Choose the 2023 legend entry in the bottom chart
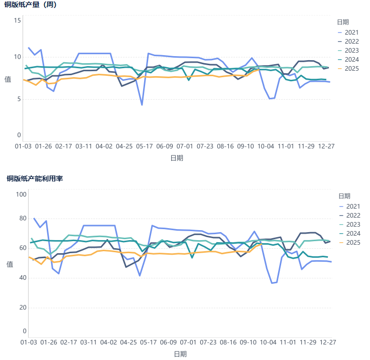coord(353,225)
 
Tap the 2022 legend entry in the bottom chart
coord(353,216)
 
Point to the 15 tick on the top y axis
coord(18,20)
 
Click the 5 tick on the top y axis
coord(19,99)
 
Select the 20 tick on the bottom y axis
coord(22,307)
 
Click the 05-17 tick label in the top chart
coord(145,146)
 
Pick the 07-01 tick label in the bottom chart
coord(188,342)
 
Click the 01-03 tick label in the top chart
coord(23,146)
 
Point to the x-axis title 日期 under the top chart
coord(176,158)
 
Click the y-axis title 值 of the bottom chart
coord(10,264)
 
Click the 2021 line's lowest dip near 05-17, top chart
coord(142,105)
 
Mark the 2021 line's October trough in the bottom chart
coord(273,283)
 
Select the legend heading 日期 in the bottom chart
coord(344,196)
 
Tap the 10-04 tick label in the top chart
coord(266,146)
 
